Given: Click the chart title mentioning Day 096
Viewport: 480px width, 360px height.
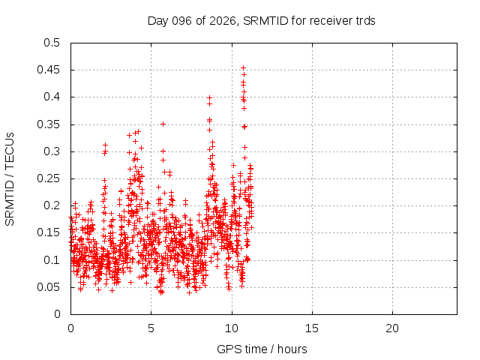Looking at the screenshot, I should coord(262,20).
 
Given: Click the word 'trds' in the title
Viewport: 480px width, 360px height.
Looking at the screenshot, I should coord(364,20).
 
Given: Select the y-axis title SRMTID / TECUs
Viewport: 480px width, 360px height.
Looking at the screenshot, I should coord(10,178).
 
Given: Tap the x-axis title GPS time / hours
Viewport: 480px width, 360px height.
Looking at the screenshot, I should coord(262,349).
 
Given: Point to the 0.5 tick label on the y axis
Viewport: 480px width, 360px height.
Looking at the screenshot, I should coord(52,43).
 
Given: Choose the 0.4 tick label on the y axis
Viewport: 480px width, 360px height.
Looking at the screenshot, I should coord(52,97).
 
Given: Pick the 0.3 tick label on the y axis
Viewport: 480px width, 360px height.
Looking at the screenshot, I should coord(52,151).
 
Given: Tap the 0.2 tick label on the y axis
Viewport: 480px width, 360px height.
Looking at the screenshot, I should coord(52,205).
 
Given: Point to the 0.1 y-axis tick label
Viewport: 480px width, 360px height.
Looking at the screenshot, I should coord(52,259).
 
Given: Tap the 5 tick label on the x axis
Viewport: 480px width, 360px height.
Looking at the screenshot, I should coord(151,328).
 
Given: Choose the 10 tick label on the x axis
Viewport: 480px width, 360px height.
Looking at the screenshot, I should coord(231,328).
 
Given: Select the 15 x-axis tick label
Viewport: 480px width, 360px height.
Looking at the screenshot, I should coord(311,328).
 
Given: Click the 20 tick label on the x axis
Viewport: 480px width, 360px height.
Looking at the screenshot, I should coord(391,328).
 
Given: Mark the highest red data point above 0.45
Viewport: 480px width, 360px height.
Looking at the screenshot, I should coord(243,67).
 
